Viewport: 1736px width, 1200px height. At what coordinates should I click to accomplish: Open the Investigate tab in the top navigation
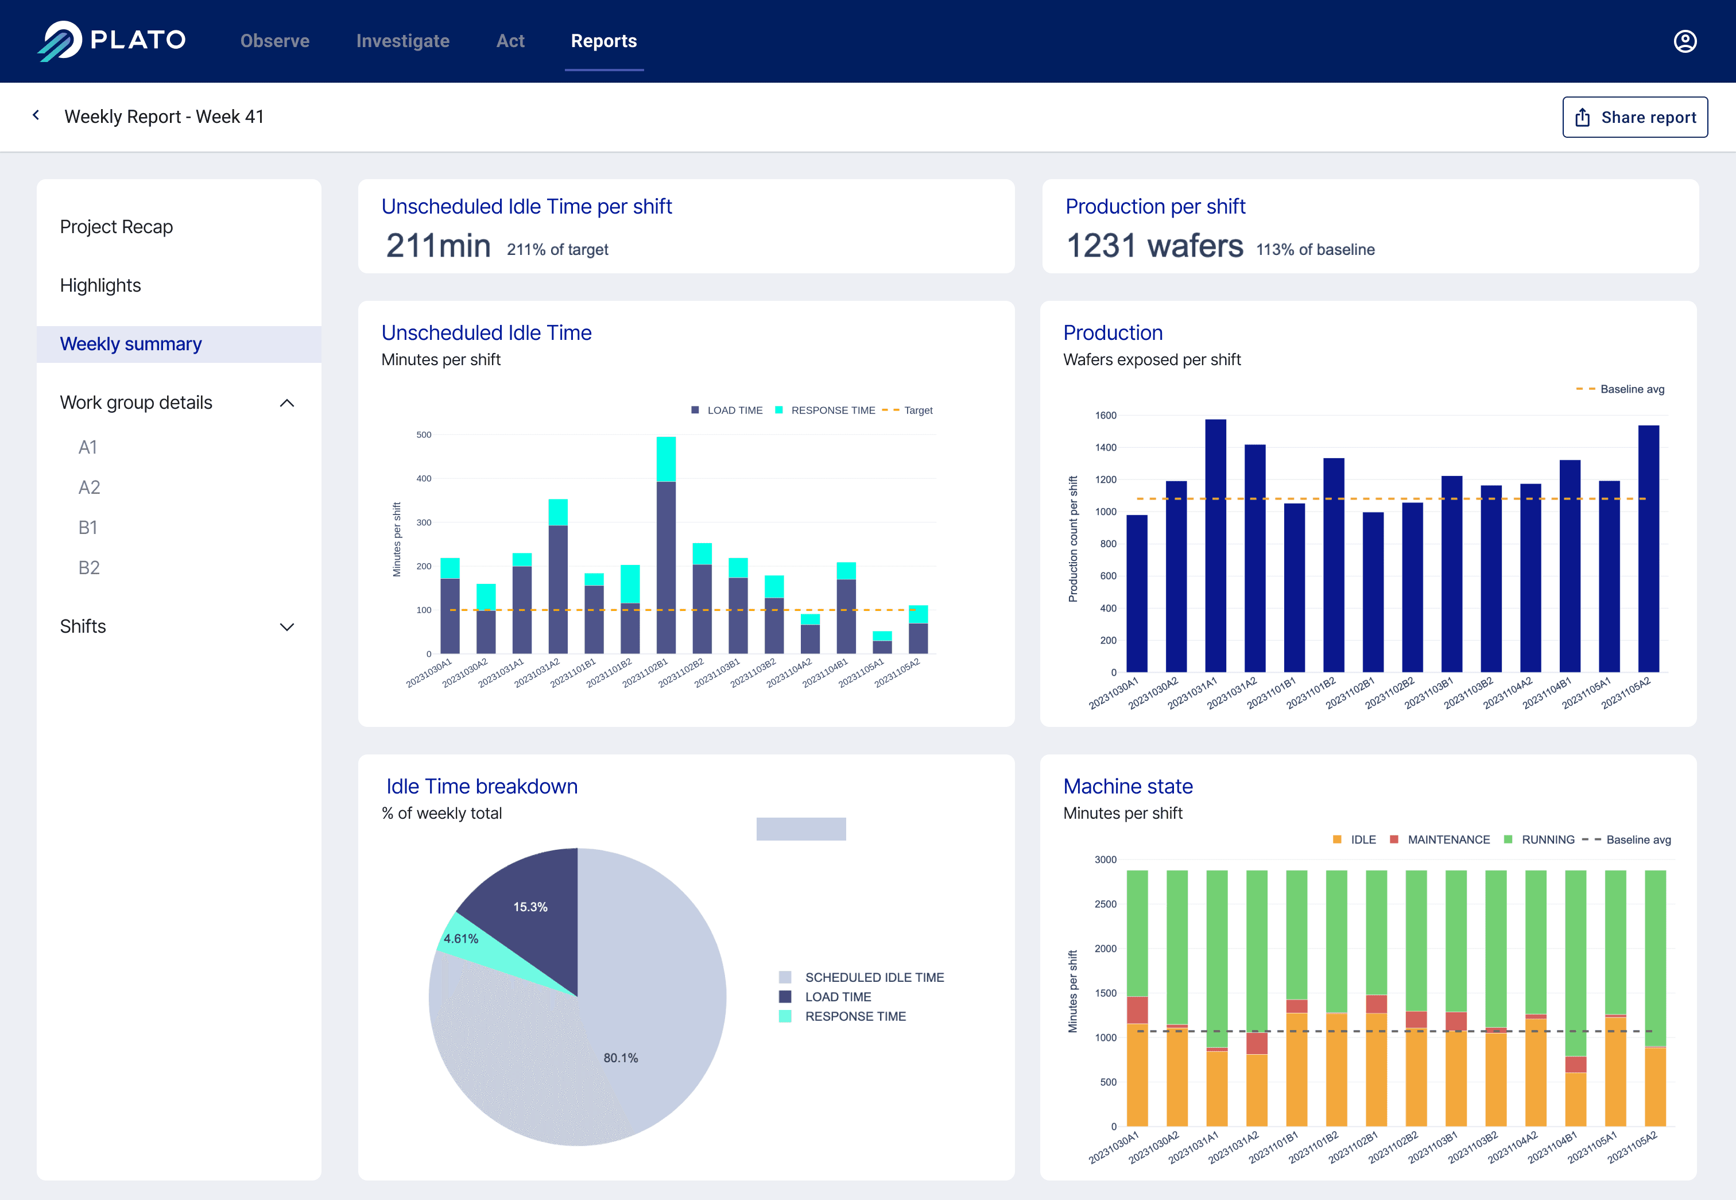tap(402, 41)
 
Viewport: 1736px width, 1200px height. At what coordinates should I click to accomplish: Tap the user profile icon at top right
tap(1685, 41)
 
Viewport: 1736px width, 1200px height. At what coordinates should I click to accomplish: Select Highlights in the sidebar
tap(100, 286)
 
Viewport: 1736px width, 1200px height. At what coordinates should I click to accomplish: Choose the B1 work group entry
tap(88, 528)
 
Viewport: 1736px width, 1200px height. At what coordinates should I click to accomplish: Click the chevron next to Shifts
tap(286, 627)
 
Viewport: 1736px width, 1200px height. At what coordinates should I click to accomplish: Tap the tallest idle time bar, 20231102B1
tap(665, 556)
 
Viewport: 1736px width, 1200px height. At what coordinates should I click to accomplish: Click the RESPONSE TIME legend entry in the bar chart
tap(832, 411)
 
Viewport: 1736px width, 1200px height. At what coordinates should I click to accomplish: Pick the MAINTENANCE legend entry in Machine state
tap(1447, 840)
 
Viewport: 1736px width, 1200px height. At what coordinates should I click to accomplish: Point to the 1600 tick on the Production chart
tap(1105, 416)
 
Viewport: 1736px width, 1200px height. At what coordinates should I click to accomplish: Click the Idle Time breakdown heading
tap(481, 787)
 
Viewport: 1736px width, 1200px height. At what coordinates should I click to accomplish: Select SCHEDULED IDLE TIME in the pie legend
tap(874, 977)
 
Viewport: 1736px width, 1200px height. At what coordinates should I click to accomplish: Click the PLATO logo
tap(112, 41)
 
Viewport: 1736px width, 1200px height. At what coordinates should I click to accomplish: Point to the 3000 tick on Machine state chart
tap(1105, 860)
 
